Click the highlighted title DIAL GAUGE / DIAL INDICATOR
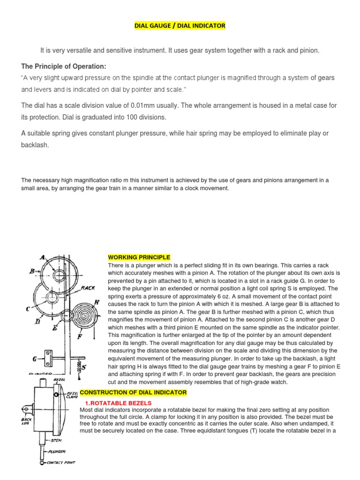180,25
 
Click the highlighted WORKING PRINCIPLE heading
139,257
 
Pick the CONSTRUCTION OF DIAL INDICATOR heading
134,392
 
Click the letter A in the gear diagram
42,257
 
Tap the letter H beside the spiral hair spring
97,302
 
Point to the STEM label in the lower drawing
56,441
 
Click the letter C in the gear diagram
28,308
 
